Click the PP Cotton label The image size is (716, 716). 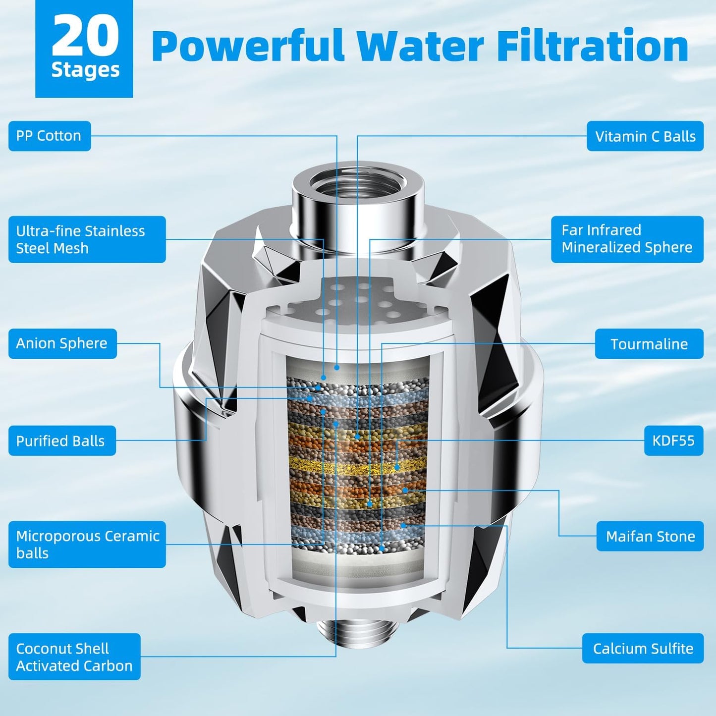(x=50, y=136)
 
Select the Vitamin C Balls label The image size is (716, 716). (x=645, y=136)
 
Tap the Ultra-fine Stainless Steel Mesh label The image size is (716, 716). (x=87, y=239)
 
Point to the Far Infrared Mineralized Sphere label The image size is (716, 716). (x=627, y=239)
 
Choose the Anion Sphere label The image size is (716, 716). (x=62, y=343)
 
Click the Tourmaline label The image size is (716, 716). (x=649, y=344)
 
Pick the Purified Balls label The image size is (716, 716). (x=61, y=441)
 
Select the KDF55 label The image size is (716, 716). (x=673, y=441)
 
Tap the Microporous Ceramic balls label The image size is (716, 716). (x=87, y=544)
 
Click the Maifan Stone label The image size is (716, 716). (x=650, y=536)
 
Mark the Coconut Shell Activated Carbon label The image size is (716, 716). (x=74, y=657)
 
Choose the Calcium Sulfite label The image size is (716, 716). (x=643, y=648)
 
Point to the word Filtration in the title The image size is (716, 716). (x=593, y=46)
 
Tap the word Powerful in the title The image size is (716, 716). (x=248, y=46)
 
